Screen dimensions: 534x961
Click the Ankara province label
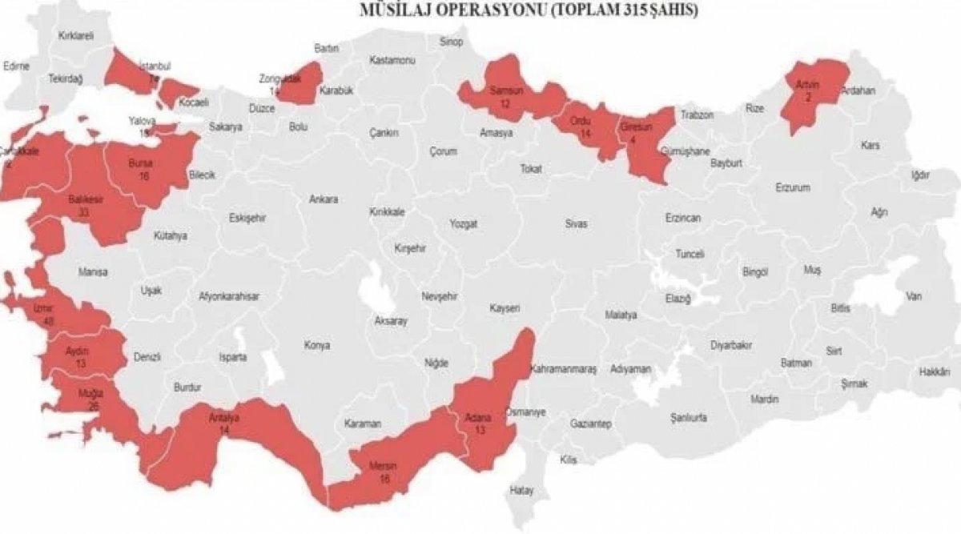tap(324, 199)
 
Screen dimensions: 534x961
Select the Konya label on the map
tap(316, 346)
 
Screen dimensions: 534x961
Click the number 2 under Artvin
tap(808, 97)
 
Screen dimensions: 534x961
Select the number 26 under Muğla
tap(94, 407)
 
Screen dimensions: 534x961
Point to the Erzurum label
tap(793, 187)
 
